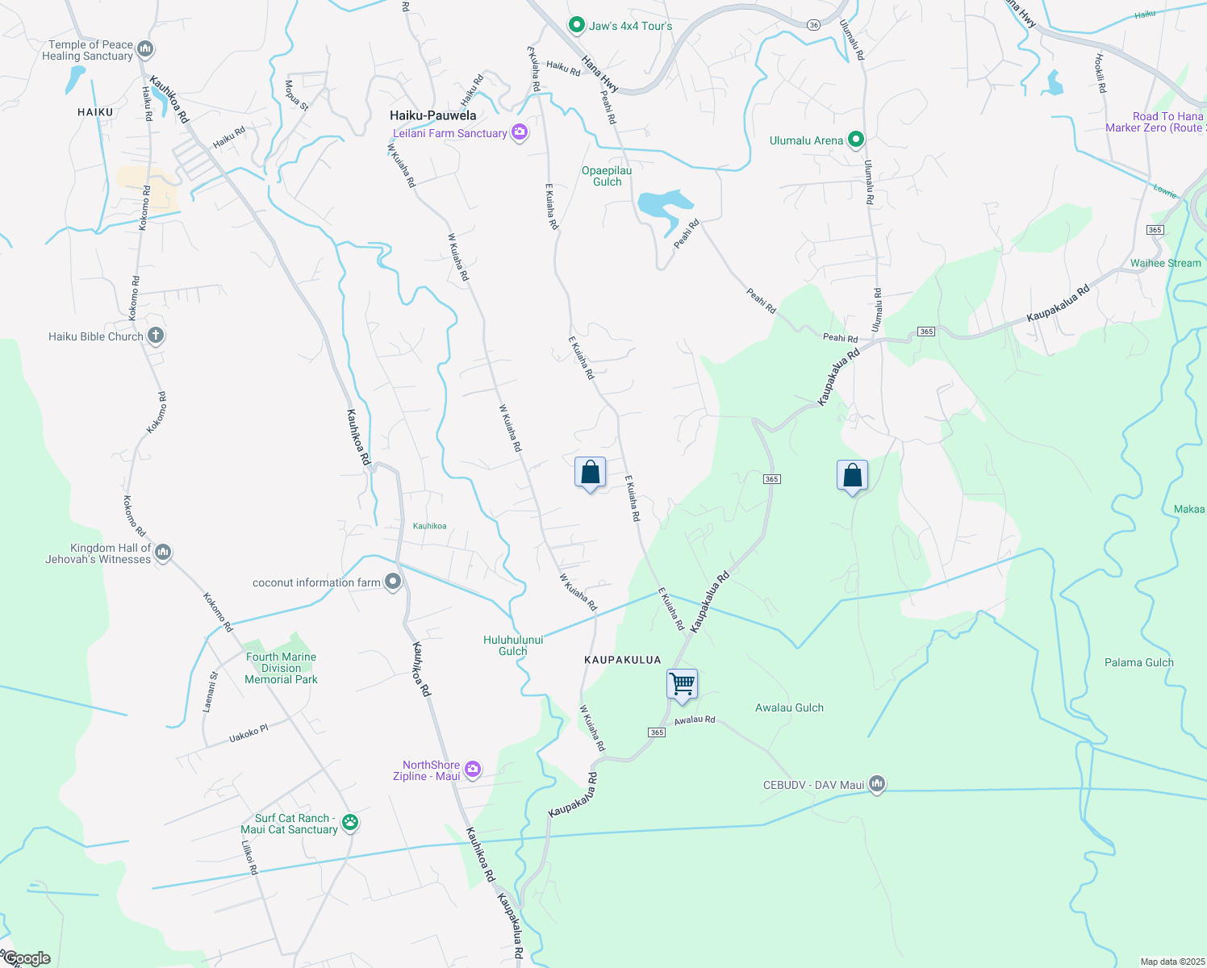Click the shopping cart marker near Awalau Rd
[682, 685]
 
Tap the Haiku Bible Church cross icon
[156, 336]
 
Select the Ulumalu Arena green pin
[856, 140]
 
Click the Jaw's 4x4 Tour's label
[630, 26]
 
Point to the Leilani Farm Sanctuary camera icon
[520, 133]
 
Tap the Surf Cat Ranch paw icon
[349, 823]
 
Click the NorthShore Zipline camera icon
[473, 770]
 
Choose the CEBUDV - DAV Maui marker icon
[877, 784]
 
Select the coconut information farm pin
[393, 582]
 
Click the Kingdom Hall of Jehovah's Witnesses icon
[163, 553]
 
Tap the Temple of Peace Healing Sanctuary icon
[145, 50]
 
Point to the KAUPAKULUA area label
[622, 660]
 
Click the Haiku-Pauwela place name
[432, 115]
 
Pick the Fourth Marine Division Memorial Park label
[281, 668]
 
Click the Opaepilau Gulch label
[607, 176]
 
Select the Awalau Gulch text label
[789, 707]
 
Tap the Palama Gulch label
[1138, 662]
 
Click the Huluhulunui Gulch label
[513, 645]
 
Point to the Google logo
[27, 958]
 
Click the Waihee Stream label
[1165, 263]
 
